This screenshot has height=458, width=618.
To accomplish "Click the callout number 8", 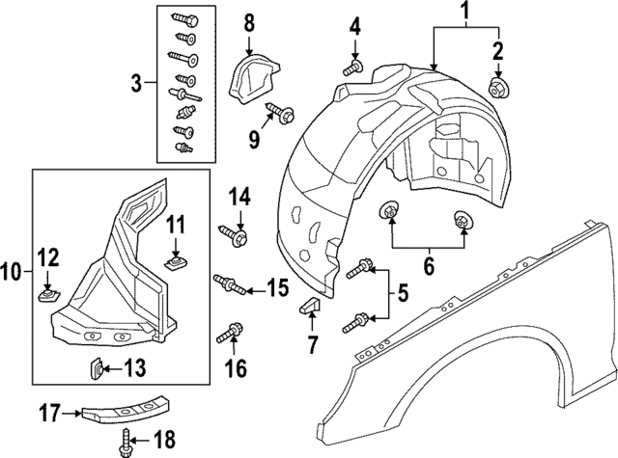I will tap(248, 20).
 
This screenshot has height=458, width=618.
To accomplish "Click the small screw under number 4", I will tap(353, 67).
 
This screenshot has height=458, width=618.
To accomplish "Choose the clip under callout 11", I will tap(175, 260).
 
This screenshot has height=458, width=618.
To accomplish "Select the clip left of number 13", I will tap(98, 367).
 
